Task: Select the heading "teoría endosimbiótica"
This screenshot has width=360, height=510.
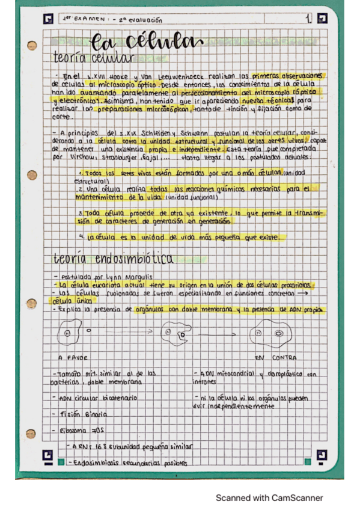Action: [x=113, y=259]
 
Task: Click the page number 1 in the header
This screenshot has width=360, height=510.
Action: [x=309, y=19]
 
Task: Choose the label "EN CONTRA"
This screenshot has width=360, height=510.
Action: [x=275, y=357]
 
